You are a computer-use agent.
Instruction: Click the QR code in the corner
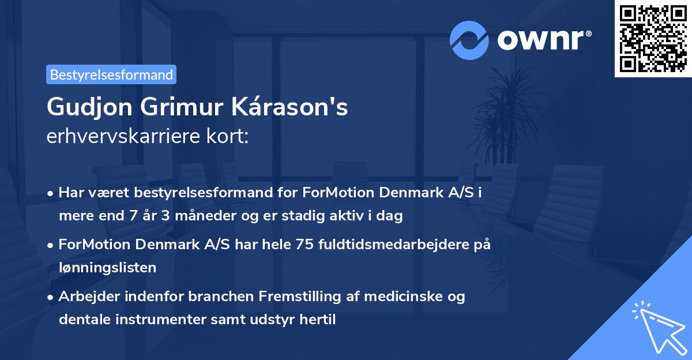653,39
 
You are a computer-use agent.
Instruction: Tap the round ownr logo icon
469,40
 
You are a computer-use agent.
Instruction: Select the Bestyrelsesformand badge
111,74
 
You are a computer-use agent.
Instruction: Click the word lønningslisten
107,267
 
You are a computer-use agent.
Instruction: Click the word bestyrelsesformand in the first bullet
189,193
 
